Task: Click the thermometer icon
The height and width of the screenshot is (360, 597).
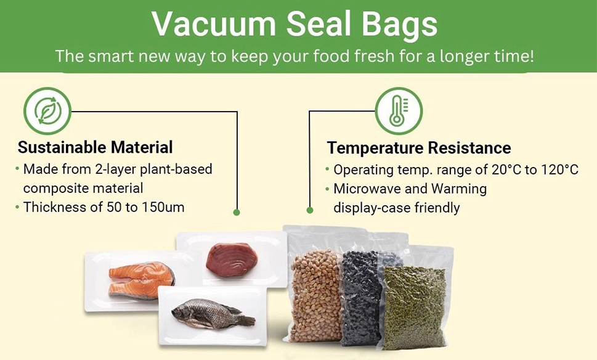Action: (x=398, y=111)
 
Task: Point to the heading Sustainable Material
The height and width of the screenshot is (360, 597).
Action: (x=95, y=147)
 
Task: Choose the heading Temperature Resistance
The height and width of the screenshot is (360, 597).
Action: (x=419, y=148)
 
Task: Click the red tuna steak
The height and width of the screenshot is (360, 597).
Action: (x=231, y=259)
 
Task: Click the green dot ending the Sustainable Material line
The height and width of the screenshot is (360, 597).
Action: (x=237, y=212)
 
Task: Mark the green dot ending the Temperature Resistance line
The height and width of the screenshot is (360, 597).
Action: (x=310, y=210)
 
